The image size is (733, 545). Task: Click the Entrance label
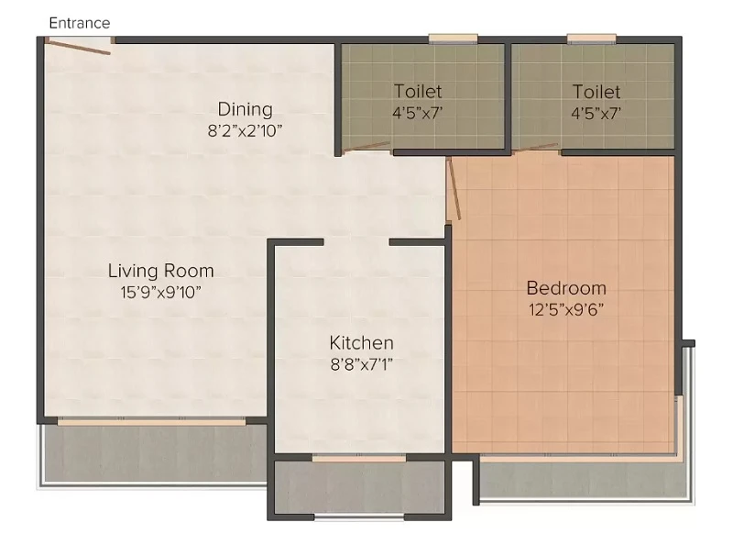(x=80, y=23)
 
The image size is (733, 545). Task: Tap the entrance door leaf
(x=78, y=48)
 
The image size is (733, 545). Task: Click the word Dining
(x=245, y=110)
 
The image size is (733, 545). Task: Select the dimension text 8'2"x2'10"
(x=245, y=130)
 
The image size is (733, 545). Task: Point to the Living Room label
(x=161, y=271)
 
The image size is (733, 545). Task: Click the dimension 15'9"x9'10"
(x=161, y=293)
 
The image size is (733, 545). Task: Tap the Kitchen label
(x=361, y=343)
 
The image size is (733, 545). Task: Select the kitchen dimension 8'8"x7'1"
(x=361, y=364)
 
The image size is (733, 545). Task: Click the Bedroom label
(x=566, y=288)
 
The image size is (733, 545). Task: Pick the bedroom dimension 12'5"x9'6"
(x=566, y=309)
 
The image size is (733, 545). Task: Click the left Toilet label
(x=418, y=92)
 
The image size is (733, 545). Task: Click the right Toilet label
(x=596, y=92)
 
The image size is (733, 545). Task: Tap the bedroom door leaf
(x=454, y=188)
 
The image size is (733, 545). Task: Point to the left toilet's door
(x=366, y=147)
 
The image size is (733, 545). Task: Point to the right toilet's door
(x=535, y=148)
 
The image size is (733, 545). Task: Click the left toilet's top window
(x=453, y=39)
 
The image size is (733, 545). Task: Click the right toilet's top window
(x=591, y=39)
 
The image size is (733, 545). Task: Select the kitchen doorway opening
(x=356, y=242)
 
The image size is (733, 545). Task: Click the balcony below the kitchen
(x=359, y=487)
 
